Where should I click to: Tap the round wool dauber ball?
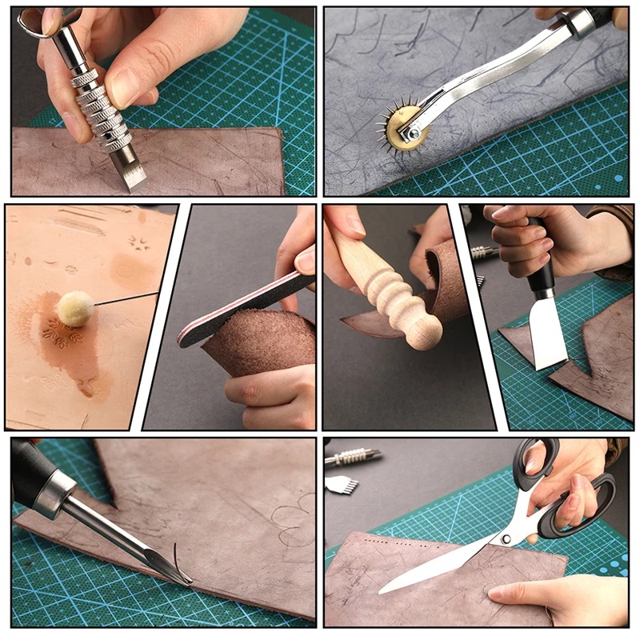[x=76, y=309]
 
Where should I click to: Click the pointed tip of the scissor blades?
[x=383, y=590]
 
